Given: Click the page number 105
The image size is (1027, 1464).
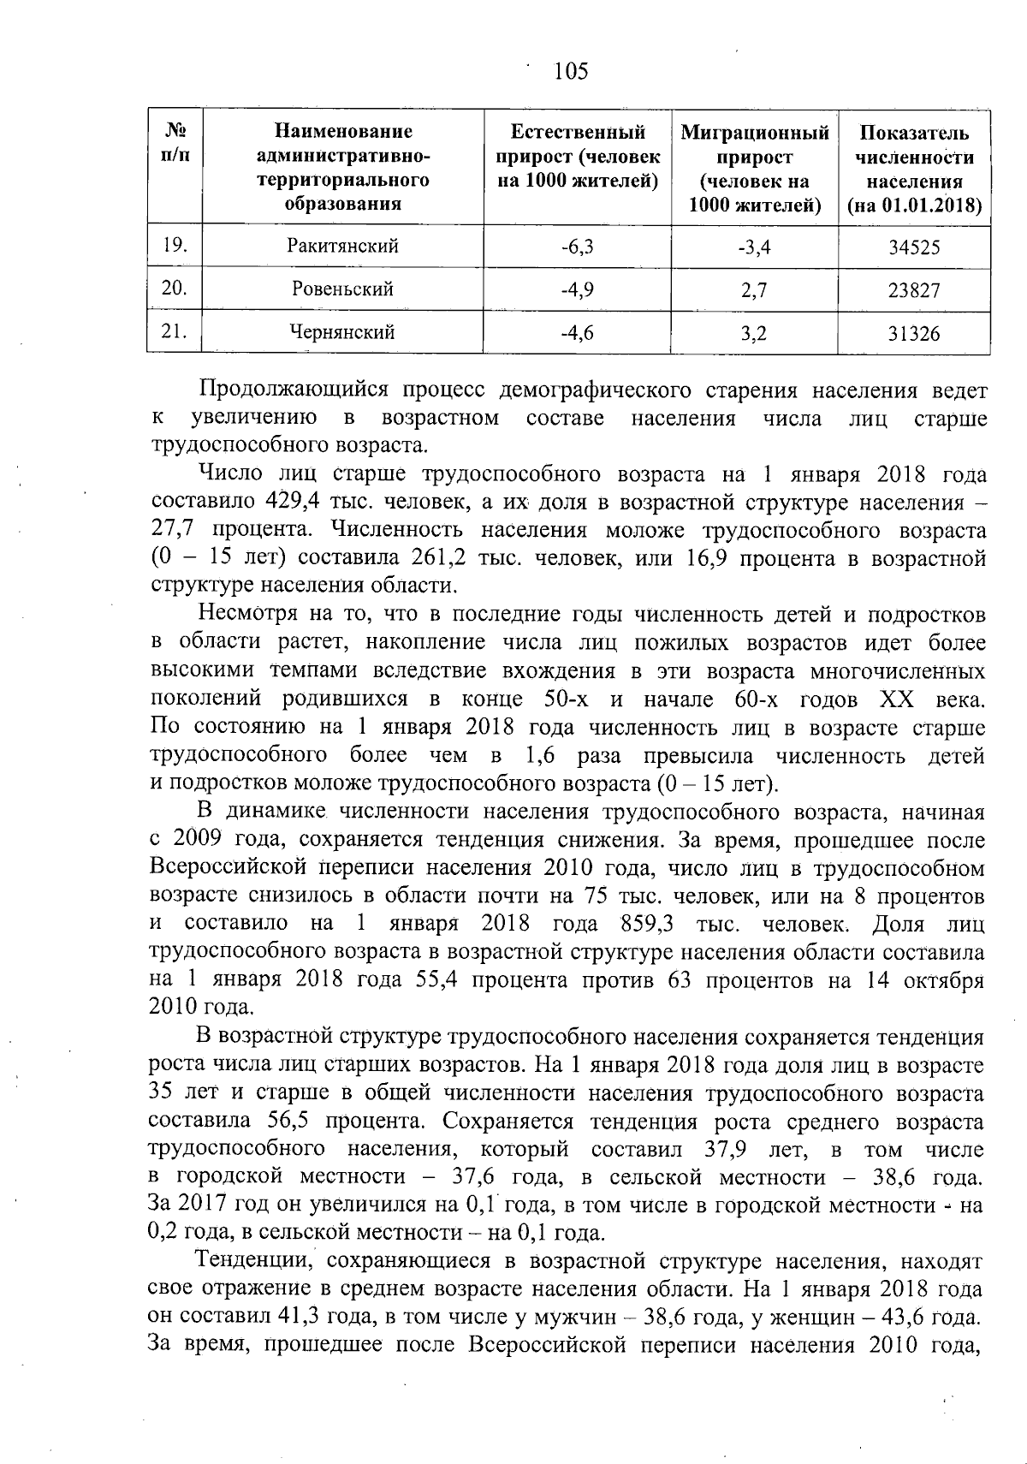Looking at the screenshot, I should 571,72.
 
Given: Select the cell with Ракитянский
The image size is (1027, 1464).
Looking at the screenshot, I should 342,247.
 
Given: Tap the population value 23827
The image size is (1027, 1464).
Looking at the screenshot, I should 914,291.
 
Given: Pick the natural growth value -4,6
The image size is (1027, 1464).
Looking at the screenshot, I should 578,333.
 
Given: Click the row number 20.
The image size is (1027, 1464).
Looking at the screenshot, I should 175,289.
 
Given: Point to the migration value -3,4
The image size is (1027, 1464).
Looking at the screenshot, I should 754,248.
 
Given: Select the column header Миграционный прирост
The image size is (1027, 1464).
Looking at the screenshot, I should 755,169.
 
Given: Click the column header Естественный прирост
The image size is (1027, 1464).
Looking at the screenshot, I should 578,157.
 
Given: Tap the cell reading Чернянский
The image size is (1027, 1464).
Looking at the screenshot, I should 342,333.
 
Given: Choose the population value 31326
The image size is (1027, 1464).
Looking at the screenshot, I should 914,334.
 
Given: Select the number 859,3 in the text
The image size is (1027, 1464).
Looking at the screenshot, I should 650,925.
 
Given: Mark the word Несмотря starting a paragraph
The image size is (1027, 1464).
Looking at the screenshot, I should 247,615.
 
